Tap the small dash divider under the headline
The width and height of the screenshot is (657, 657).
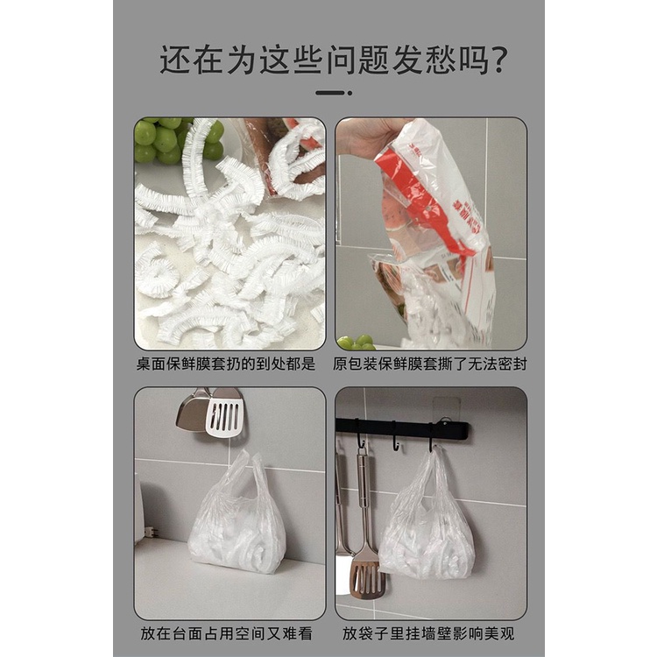pyautogui.click(x=333, y=92)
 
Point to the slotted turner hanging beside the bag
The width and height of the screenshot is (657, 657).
pyautogui.click(x=366, y=561)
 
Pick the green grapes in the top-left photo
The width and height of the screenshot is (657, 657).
pyautogui.click(x=162, y=140)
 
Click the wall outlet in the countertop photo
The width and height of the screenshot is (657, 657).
pyautogui.click(x=150, y=532)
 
